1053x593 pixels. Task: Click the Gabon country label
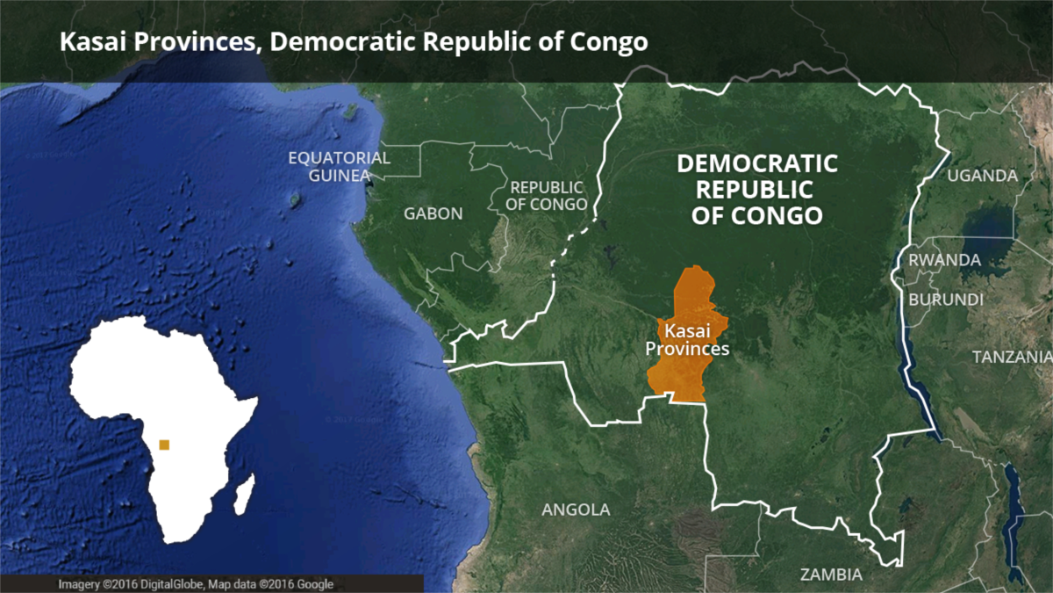[433, 213]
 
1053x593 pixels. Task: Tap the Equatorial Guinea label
[340, 166]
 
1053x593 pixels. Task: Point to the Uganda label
[982, 176]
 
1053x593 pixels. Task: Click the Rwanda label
[944, 260]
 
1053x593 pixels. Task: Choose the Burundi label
[946, 300]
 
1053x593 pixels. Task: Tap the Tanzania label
[1012, 357]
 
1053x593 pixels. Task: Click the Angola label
[576, 510]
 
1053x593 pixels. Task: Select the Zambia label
[831, 575]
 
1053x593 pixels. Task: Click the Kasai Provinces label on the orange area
[687, 340]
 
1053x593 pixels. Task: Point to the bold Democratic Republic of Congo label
[757, 189]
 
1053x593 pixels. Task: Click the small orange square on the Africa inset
[164, 445]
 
